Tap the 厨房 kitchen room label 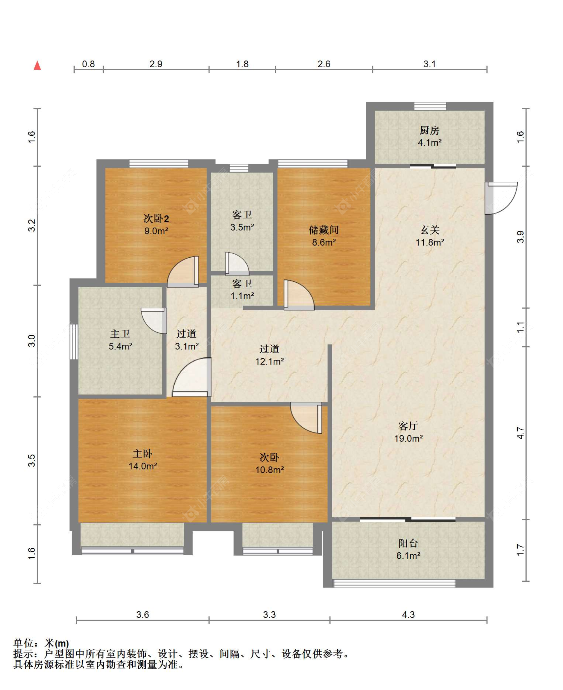click(429, 130)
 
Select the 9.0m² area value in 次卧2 click(156, 231)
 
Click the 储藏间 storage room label click(324, 230)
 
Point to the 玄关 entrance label click(430, 230)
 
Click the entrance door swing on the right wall click(501, 198)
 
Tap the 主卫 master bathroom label click(120, 333)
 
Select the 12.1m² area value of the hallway click(270, 361)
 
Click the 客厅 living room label click(408, 426)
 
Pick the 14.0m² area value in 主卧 click(143, 466)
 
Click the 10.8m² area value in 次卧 click(270, 470)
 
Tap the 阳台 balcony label click(408, 543)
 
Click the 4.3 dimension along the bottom click(408, 615)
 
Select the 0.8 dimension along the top click(88, 64)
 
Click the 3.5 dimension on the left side click(31, 460)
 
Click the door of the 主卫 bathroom click(154, 321)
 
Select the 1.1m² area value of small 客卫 click(242, 296)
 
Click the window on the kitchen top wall click(430, 106)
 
